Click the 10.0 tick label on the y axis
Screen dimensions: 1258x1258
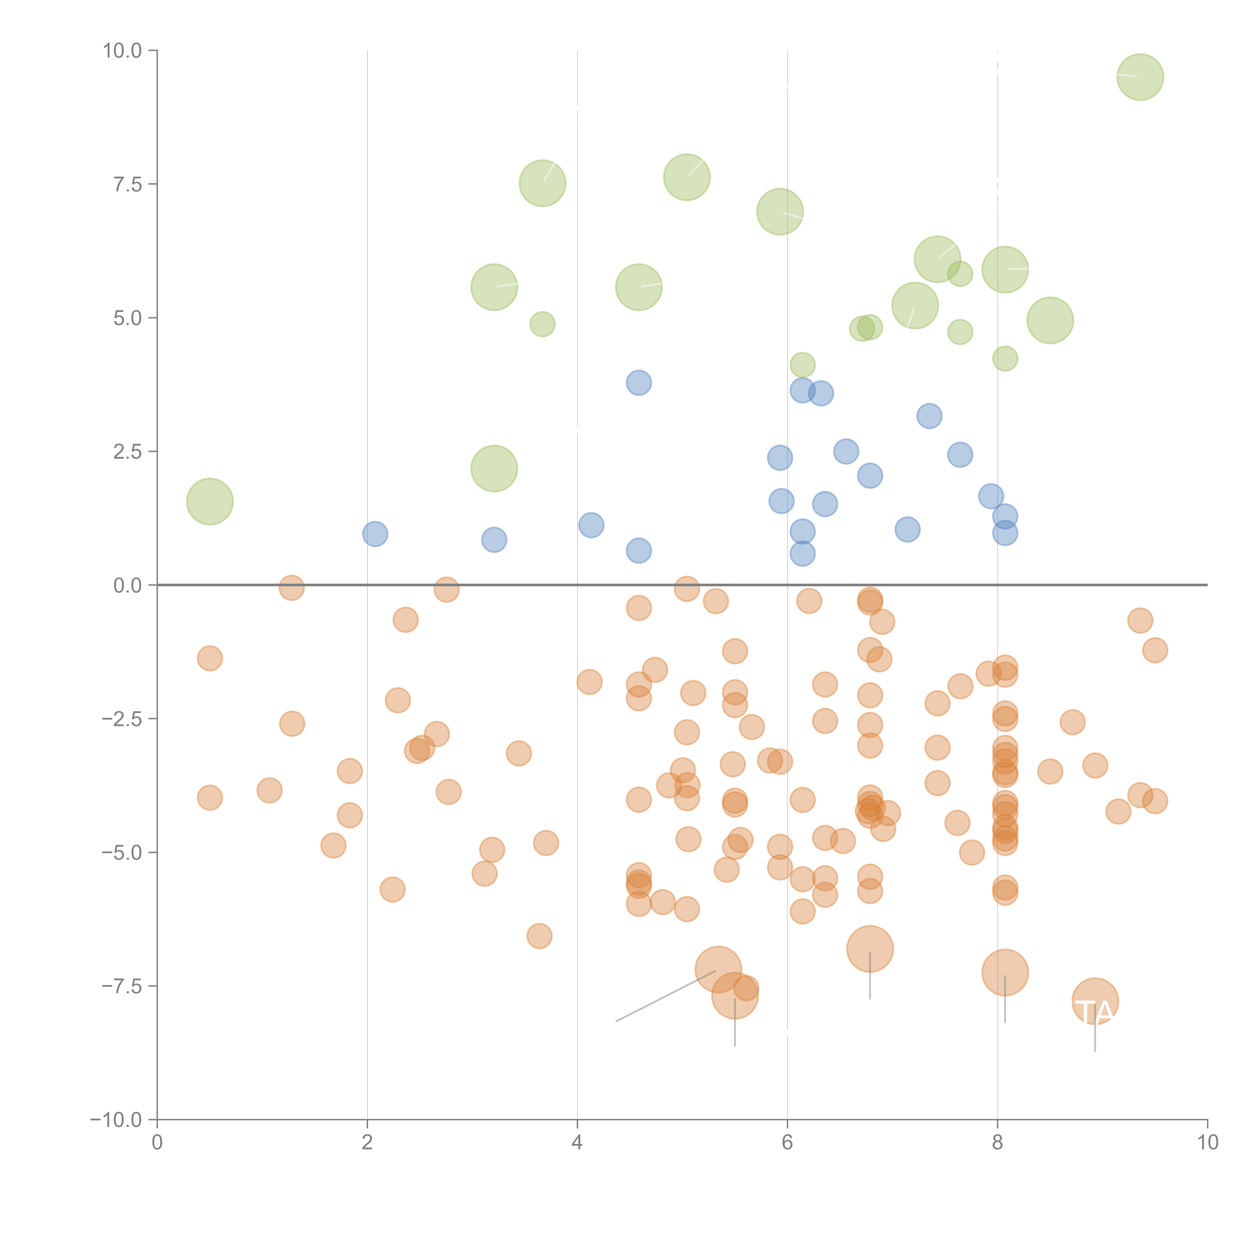[x=122, y=51]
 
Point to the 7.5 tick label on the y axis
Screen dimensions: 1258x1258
[x=127, y=184]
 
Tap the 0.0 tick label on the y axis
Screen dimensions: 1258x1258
[x=127, y=585]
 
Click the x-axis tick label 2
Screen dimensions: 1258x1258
[x=367, y=1143]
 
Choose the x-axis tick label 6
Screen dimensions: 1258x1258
[x=787, y=1143]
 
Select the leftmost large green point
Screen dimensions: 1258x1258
[x=210, y=501]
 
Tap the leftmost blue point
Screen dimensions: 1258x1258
[x=375, y=534]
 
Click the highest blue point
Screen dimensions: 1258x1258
[x=639, y=383]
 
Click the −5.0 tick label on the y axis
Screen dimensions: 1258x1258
[x=122, y=852]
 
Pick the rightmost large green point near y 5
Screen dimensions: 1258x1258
[x=1050, y=320]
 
